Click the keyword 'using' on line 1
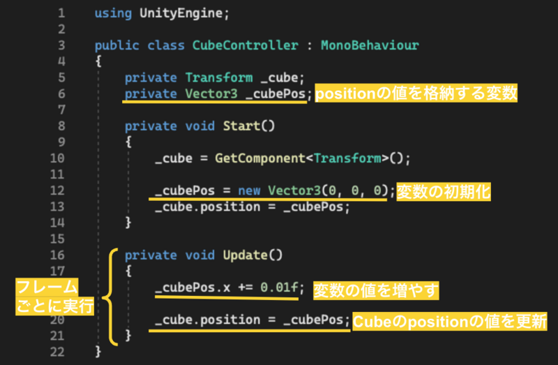[113, 13]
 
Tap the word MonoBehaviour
[370, 45]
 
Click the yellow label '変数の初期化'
[443, 191]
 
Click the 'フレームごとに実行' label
[56, 297]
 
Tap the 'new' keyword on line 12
[249, 190]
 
